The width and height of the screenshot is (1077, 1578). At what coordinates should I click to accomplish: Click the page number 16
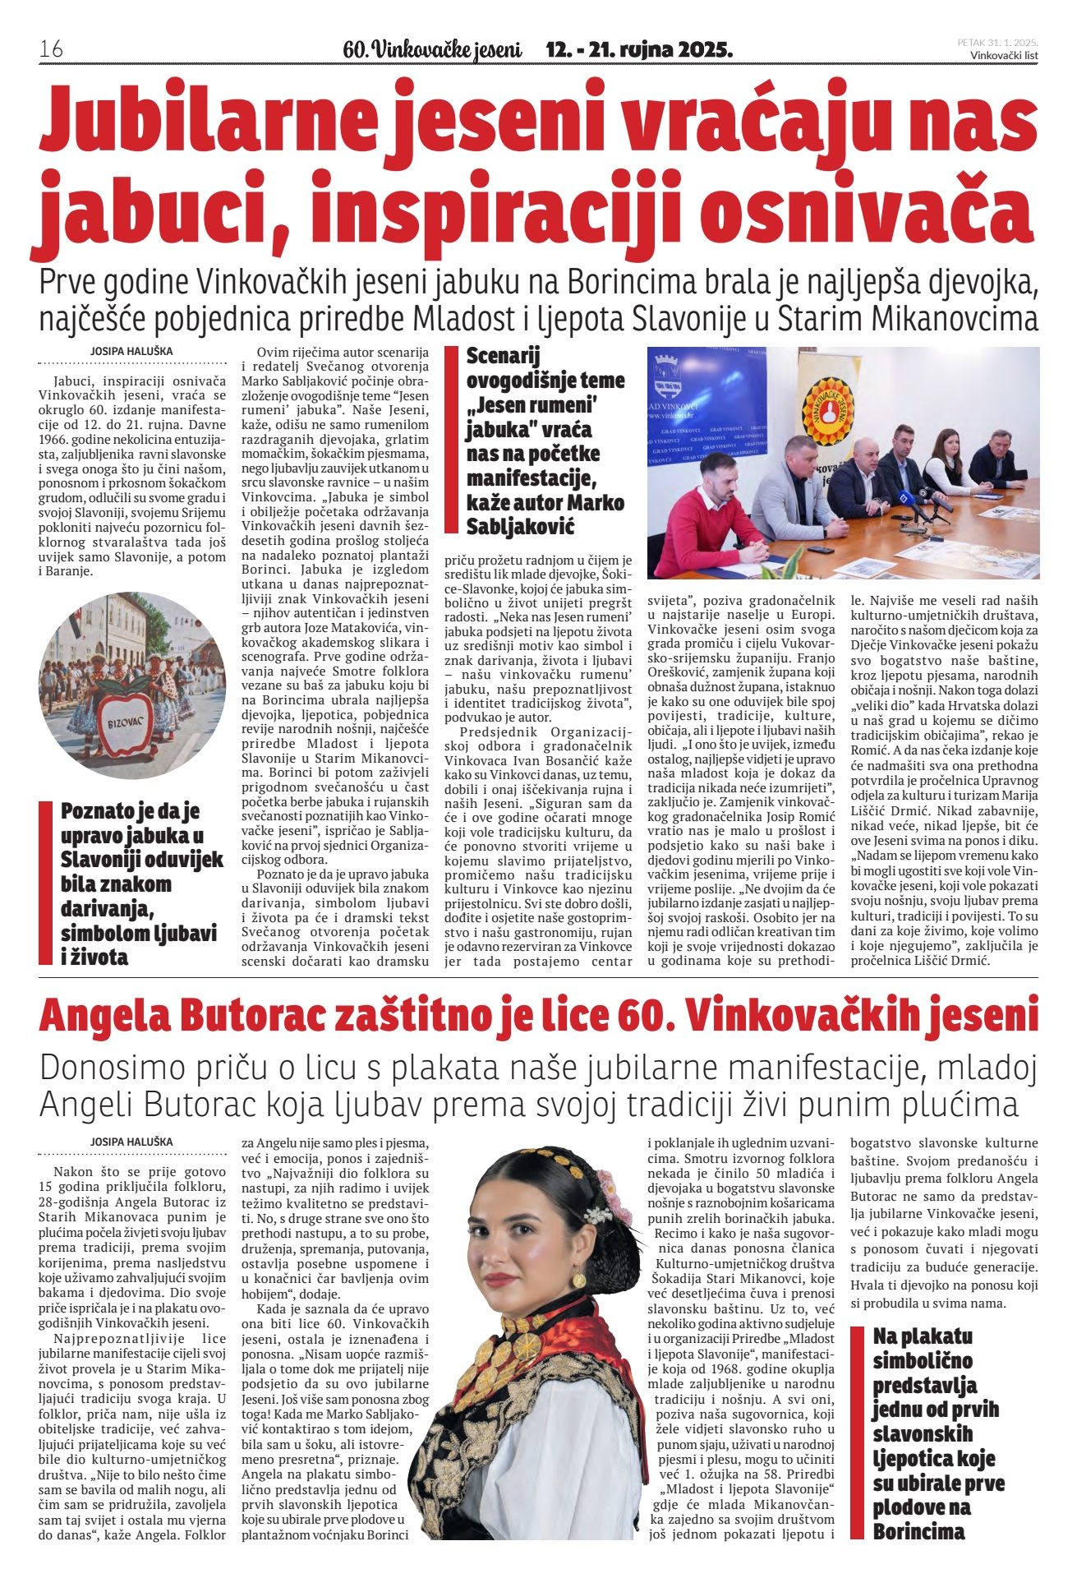coord(51,48)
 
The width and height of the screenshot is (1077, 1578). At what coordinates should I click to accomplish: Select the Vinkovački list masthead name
coord(1004,55)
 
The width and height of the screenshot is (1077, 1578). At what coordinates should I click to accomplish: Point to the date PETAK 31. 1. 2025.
coord(997,42)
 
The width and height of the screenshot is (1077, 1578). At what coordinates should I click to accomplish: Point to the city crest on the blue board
coord(666,374)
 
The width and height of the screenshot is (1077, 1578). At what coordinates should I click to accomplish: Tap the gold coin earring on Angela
coord(578,1280)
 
